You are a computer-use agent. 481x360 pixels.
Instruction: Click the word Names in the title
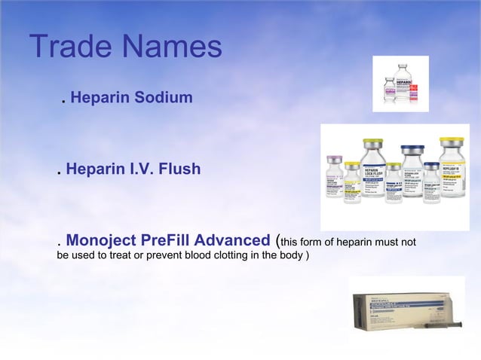(173, 47)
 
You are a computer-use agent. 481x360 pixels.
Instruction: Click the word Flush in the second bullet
(179, 169)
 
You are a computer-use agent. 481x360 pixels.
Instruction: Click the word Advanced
(234, 240)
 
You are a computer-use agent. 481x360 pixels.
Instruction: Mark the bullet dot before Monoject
(59, 245)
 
